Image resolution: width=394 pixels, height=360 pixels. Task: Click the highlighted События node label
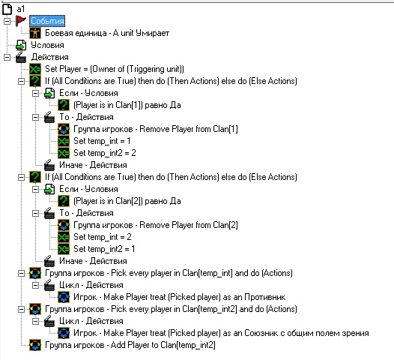coord(47,21)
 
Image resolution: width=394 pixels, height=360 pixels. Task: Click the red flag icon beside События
coord(21,21)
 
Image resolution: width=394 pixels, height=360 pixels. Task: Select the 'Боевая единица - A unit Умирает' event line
coord(107,33)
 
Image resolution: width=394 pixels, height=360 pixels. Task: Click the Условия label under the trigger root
coord(47,45)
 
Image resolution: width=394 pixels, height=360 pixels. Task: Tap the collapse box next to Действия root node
coord(7,57)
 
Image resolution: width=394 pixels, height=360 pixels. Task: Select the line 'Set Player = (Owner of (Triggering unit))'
coord(115,69)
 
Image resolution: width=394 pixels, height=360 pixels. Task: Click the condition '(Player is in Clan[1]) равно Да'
coord(127,105)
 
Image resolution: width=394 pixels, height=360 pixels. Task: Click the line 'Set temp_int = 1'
coord(102,141)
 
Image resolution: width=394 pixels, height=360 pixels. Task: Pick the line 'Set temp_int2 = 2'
coord(105,153)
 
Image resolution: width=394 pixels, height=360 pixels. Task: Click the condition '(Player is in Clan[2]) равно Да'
coord(127,201)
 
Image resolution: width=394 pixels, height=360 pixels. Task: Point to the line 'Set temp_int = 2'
coord(103,237)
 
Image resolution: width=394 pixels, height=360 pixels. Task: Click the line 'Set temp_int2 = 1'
coord(104,249)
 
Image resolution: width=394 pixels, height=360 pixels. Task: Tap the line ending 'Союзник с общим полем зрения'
coord(221,333)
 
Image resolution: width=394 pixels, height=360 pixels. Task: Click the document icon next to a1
coord(7,9)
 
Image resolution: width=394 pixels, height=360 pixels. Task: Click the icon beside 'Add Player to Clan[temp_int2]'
coord(35,345)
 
